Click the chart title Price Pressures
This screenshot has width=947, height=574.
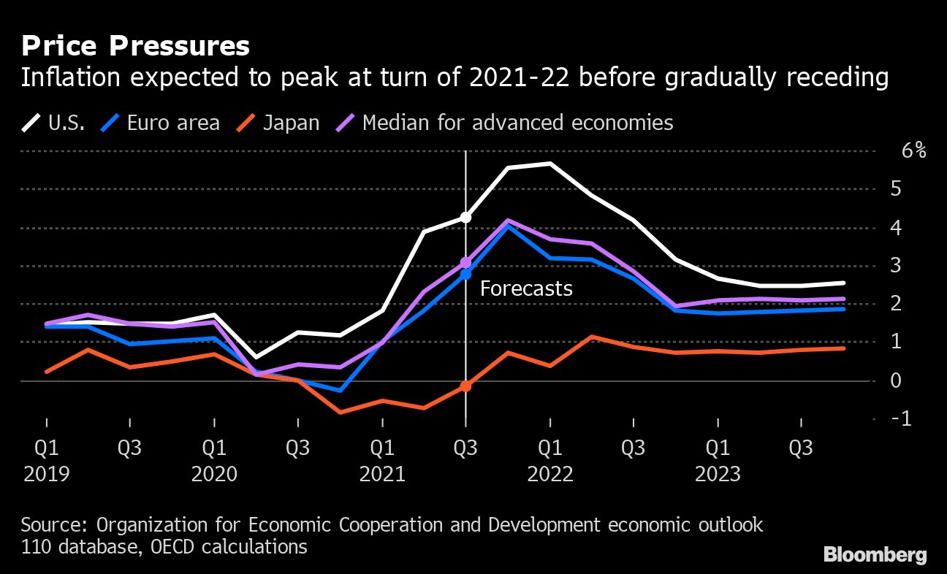coord(135,46)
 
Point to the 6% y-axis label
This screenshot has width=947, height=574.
coord(913,151)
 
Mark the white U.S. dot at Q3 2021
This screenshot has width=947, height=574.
coord(465,217)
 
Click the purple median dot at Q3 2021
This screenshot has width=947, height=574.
coord(465,262)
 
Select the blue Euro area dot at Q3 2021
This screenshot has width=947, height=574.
coord(465,275)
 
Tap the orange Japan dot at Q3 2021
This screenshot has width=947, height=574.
coord(465,386)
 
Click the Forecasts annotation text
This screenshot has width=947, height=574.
coord(526,288)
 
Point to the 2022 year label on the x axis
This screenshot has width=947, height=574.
coord(550,474)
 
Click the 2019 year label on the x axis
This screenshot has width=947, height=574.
coord(47,474)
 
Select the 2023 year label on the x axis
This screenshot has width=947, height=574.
coord(718,474)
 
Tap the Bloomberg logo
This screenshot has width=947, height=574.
coord(875,554)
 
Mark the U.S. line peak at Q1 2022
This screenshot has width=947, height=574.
coord(549,164)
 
